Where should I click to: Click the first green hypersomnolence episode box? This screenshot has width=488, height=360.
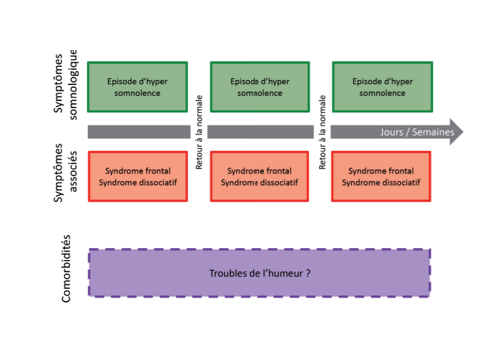[138, 87]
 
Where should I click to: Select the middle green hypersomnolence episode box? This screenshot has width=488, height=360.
[260, 87]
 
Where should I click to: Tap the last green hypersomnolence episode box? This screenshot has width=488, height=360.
[382, 87]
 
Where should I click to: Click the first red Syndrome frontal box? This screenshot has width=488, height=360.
[138, 176]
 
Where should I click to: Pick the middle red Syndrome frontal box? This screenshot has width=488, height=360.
[260, 176]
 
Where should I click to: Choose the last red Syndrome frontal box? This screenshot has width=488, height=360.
[381, 176]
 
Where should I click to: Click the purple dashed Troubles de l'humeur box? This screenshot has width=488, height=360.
[259, 272]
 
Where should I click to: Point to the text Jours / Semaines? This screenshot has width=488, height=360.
[417, 132]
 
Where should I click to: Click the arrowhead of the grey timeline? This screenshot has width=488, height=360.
[456, 132]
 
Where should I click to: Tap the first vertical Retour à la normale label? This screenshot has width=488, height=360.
[199, 132]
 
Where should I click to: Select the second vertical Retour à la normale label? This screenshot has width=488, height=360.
[323, 132]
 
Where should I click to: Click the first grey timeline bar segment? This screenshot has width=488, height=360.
[138, 132]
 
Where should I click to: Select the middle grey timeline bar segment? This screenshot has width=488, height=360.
[260, 132]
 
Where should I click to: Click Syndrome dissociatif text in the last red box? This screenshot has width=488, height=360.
[381, 182]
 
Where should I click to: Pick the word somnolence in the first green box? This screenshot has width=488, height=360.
[138, 93]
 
